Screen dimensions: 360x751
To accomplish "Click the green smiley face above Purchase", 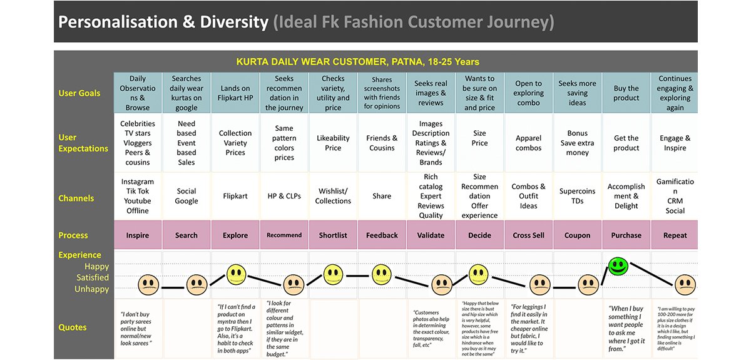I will coord(618,266).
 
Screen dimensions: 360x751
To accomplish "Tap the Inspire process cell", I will coord(138,235).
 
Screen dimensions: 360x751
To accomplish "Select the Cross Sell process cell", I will coord(529,235).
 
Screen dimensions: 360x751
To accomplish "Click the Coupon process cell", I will coord(577,235).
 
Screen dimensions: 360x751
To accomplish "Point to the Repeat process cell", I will coord(675,235).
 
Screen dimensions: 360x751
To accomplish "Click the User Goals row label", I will coord(79,93).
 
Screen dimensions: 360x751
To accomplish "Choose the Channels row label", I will coord(76,198).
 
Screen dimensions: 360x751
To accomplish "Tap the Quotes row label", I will coord(73,327).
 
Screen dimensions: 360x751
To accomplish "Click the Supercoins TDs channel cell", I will coord(577,196).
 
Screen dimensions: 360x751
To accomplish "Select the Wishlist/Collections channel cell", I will coord(333,196).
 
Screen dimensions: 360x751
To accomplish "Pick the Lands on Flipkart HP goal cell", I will coord(235,93).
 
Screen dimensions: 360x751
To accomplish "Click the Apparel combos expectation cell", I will coord(529,143).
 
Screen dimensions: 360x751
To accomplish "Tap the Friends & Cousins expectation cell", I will coord(382,143).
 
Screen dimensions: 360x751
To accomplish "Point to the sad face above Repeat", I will coord(685,285).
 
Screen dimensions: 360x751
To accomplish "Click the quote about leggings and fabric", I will coord(529,329).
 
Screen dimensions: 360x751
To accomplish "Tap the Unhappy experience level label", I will coord(92,289).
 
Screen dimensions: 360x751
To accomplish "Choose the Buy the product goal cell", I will coord(626,93).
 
